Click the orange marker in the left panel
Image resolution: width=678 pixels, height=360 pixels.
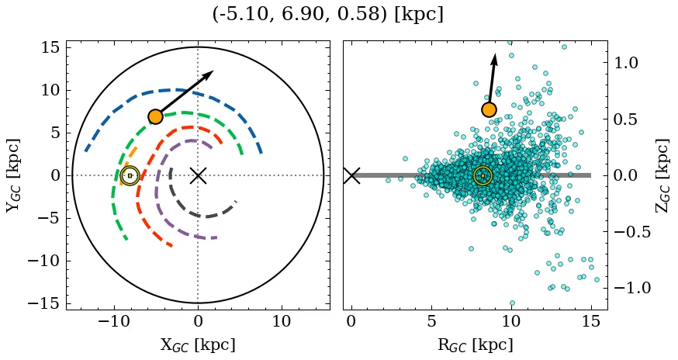tap(155, 116)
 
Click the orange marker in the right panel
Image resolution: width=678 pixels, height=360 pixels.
tap(489, 109)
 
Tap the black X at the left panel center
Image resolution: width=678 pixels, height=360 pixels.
tap(198, 175)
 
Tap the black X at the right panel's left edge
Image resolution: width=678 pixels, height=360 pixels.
tap(351, 175)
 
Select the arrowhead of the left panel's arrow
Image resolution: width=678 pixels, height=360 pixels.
tap(208, 74)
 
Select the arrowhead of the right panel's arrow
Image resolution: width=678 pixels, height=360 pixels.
tap(494, 59)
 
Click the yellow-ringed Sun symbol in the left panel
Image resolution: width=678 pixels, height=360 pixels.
tap(130, 175)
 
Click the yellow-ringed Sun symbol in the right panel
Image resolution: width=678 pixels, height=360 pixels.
tap(483, 176)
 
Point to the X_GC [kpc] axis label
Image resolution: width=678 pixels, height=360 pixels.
tap(198, 345)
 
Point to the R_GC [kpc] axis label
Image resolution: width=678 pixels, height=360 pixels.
tap(476, 345)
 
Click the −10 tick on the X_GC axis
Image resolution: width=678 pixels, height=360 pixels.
tap(115, 321)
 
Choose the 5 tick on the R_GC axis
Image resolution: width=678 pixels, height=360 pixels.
tap(431, 321)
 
